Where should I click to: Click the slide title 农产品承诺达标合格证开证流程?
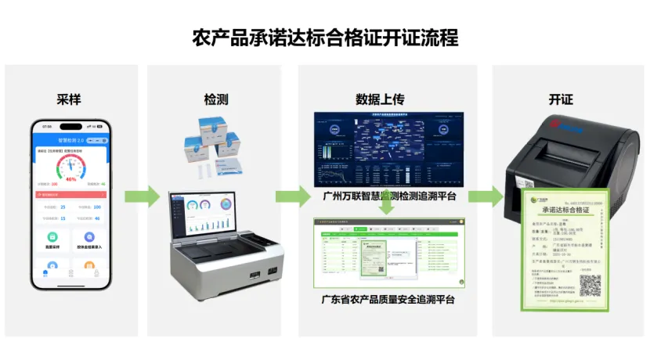325,38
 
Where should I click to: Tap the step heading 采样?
69,99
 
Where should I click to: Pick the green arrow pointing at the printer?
486,196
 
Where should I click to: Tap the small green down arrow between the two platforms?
387,209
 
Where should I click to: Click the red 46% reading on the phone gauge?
70,179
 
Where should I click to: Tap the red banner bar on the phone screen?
70,194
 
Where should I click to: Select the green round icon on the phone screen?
52,236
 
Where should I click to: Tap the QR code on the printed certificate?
590,284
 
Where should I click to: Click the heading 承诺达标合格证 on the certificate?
566,211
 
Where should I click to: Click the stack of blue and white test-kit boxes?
211,145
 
